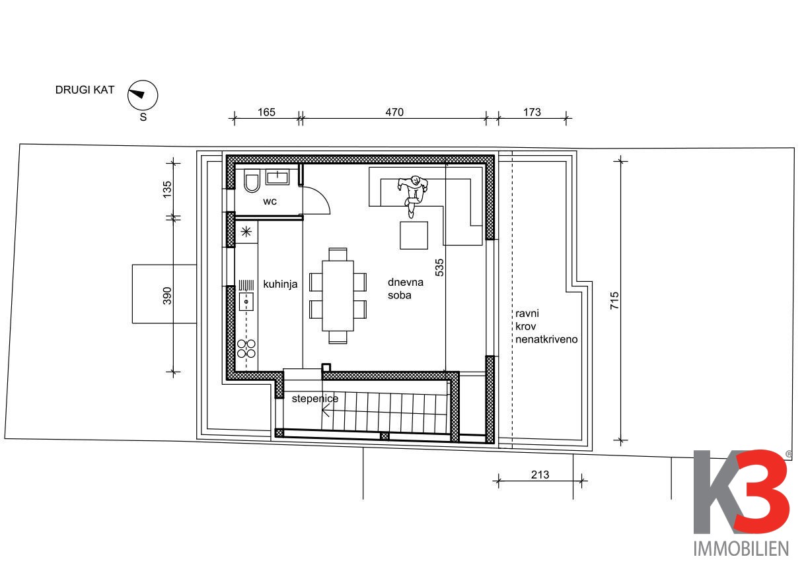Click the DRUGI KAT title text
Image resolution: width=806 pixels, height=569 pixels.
pyautogui.click(x=85, y=90)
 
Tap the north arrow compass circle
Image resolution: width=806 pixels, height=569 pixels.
pyautogui.click(x=143, y=95)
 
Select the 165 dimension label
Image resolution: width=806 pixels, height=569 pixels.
pyautogui.click(x=266, y=112)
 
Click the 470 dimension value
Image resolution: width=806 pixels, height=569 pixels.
pyautogui.click(x=394, y=112)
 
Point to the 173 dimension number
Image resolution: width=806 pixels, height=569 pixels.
pyautogui.click(x=532, y=112)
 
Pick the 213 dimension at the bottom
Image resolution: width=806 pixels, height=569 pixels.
pyautogui.click(x=540, y=475)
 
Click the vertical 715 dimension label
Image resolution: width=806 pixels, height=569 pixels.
pyautogui.click(x=614, y=300)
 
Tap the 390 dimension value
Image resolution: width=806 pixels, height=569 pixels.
pyautogui.click(x=167, y=296)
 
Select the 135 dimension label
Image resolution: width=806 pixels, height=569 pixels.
pyautogui.click(x=167, y=189)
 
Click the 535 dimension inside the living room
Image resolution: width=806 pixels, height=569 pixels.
pyautogui.click(x=439, y=267)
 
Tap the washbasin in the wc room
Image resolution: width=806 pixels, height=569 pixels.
pyautogui.click(x=277, y=177)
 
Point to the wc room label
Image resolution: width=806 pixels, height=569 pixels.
pyautogui.click(x=270, y=201)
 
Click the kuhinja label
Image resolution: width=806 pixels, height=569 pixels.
pyautogui.click(x=280, y=284)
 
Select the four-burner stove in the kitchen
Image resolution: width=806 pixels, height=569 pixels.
pyautogui.click(x=246, y=349)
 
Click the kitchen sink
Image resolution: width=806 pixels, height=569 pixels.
pyautogui.click(x=246, y=302)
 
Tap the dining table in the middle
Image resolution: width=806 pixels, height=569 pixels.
pyautogui.click(x=338, y=296)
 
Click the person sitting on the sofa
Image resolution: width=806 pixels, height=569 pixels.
pyautogui.click(x=413, y=195)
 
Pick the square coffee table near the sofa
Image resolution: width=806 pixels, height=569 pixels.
pyautogui.click(x=414, y=235)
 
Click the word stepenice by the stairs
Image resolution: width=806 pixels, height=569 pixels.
pyautogui.click(x=315, y=398)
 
